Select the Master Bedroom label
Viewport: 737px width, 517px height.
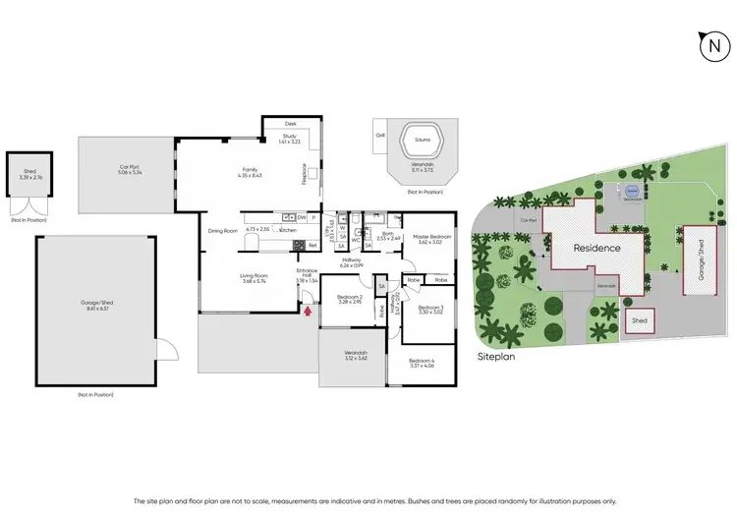point(432,238)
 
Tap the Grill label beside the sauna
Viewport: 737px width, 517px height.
point(380,135)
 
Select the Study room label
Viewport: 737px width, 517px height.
point(289,139)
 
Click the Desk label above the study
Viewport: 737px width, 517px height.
point(290,124)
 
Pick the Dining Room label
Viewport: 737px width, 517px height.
point(223,231)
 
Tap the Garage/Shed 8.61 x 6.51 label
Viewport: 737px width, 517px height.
point(96,306)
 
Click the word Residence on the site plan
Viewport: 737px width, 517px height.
point(597,248)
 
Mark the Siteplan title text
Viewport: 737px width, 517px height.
point(497,357)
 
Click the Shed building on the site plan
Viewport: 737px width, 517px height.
point(640,320)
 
